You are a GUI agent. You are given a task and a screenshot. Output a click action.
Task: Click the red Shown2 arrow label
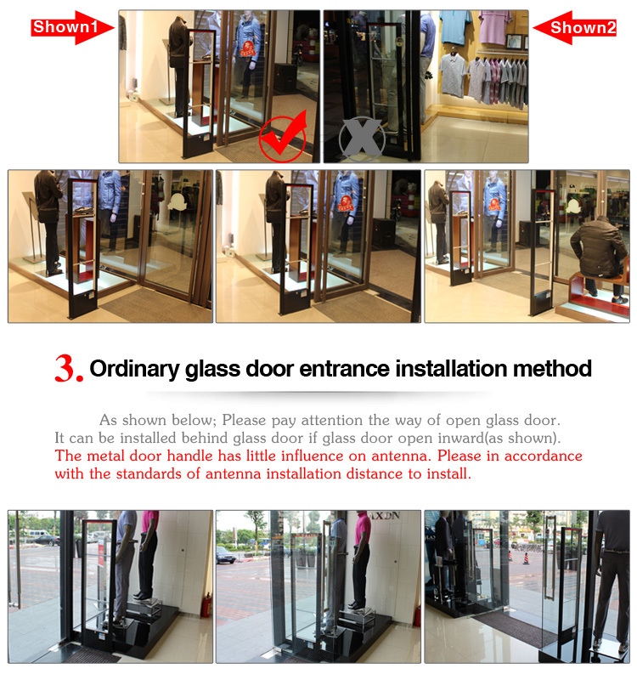point(575,27)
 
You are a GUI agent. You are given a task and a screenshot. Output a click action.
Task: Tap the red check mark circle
point(284,138)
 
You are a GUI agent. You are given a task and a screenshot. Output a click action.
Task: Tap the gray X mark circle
point(361,139)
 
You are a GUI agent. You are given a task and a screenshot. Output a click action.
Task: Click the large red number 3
point(68,369)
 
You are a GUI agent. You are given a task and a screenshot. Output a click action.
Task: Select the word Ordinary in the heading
point(134,369)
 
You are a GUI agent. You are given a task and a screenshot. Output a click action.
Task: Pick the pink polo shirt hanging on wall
point(496,27)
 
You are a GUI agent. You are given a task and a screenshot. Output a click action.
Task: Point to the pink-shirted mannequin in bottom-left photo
point(147,553)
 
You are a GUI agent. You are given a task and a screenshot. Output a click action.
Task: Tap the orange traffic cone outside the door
point(526,558)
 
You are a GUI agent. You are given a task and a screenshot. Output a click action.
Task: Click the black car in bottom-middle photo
point(226,555)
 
